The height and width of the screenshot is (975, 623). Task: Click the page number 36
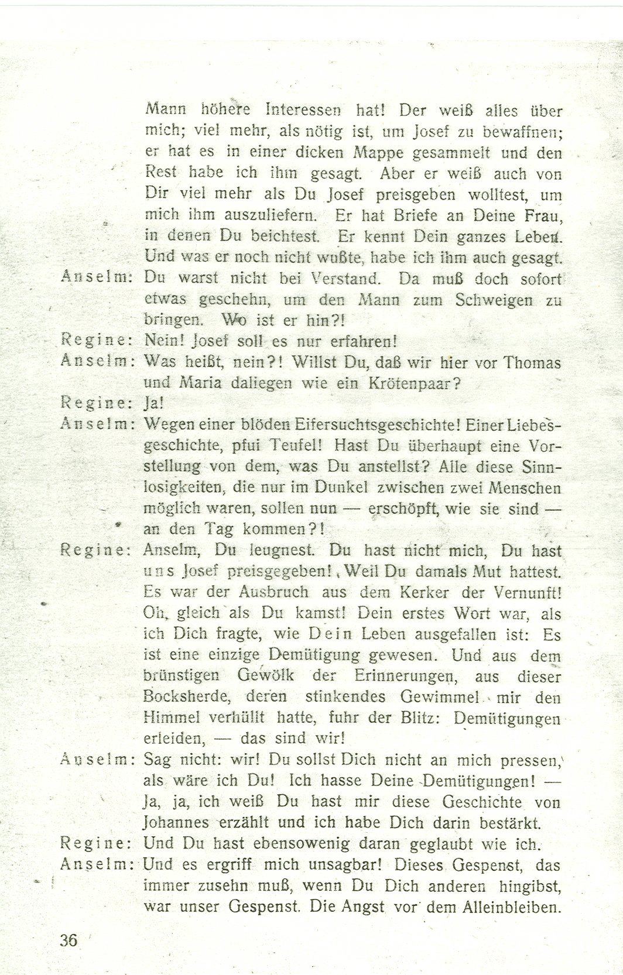68,940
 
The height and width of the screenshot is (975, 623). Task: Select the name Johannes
176,822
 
